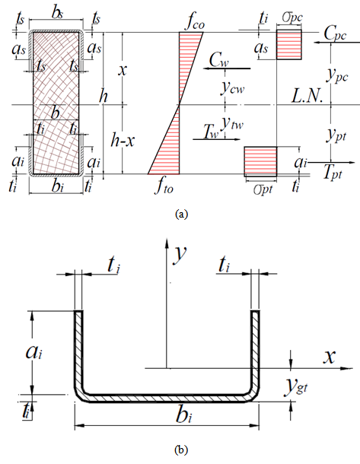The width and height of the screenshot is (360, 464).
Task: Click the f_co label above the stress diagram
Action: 195,23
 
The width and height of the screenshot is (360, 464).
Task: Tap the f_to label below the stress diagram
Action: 164,186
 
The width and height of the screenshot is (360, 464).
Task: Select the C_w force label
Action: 219,60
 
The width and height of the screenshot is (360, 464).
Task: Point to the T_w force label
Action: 211,132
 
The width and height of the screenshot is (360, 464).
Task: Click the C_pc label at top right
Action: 335,33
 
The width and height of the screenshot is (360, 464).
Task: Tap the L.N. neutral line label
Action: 307,96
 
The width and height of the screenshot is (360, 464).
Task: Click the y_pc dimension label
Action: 337,76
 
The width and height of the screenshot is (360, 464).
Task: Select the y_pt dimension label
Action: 336,135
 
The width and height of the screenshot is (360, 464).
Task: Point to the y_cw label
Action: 232,87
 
